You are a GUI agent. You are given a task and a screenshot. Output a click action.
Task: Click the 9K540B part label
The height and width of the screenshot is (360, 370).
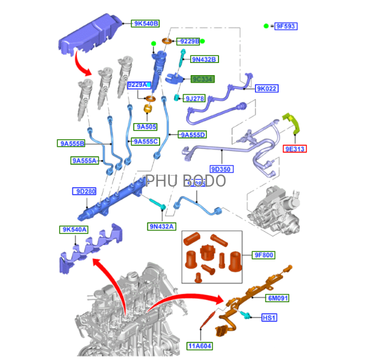point(146,24)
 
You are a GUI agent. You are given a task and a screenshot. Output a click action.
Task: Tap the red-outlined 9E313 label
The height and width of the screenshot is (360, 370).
point(295,149)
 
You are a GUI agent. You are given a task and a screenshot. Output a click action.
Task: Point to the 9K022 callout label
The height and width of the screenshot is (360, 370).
point(267,88)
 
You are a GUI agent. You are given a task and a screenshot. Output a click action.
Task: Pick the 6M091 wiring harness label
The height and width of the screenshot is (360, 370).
point(277,298)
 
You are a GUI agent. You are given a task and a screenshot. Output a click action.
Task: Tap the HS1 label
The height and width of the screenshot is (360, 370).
point(269,317)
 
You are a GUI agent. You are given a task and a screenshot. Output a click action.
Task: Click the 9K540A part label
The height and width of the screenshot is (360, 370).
point(75,229)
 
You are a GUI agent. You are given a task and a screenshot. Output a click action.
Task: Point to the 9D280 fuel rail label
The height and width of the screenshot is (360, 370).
point(84,191)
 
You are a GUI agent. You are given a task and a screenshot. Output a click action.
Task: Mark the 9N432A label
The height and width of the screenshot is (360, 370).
point(161,226)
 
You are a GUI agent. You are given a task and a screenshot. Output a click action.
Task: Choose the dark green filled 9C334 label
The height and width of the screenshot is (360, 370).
point(202,79)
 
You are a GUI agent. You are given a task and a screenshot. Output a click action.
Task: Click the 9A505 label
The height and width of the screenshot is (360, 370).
point(147,127)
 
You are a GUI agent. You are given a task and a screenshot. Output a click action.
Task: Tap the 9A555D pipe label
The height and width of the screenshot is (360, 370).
point(193,135)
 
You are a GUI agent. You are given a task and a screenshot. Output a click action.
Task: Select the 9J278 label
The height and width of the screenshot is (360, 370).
point(195,99)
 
